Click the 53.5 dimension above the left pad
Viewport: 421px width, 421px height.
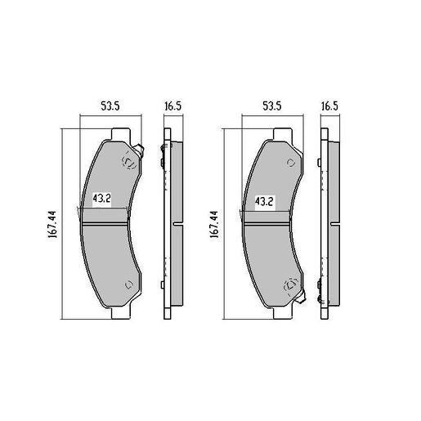pos(110,105)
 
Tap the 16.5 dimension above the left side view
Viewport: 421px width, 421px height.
pos(171,105)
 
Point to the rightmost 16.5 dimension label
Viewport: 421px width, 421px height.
pos(329,105)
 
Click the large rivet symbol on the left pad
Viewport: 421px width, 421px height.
pos(128,162)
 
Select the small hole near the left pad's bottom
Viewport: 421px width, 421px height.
pos(128,284)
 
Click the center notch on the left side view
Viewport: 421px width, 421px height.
pos(177,222)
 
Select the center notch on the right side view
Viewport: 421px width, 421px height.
pos(334,222)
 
